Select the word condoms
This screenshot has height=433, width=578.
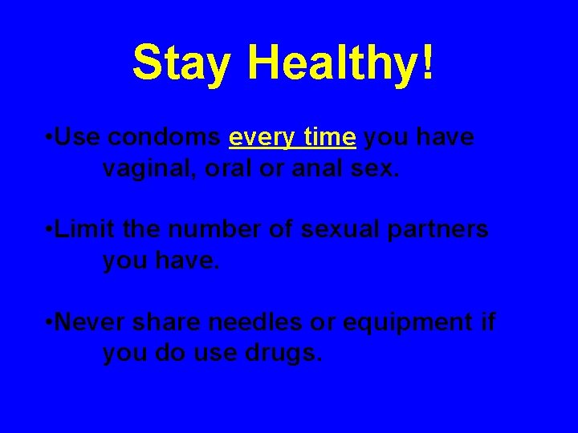pos(164,138)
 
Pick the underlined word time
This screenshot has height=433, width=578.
pos(328,138)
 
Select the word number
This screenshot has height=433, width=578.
pos(212,229)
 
